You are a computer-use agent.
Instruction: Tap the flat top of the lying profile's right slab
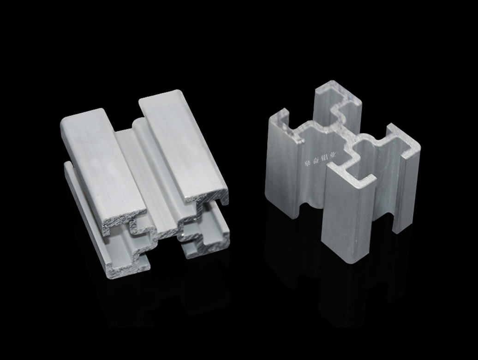(x=183, y=143)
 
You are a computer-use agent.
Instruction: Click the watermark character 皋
(x=308, y=163)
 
